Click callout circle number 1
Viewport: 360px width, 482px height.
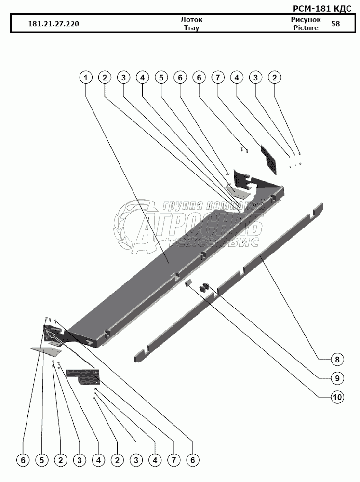[86, 77]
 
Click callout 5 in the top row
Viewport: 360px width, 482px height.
[161, 77]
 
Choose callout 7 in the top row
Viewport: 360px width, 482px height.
[218, 77]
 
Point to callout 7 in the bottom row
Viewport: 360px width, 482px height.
[173, 461]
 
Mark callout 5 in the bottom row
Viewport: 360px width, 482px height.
[42, 461]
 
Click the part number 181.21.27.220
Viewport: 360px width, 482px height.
[54, 24]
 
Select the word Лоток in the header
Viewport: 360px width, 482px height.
[191, 20]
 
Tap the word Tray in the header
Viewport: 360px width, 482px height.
[191, 28]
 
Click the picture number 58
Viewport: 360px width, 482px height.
[335, 24]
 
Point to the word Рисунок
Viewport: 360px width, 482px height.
[306, 20]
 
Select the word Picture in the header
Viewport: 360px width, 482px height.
[306, 28]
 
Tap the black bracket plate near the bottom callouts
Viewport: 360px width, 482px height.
[84, 375]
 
